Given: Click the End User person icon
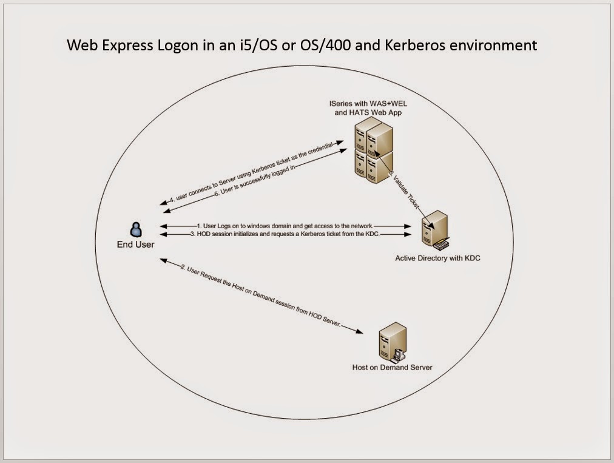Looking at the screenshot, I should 136,229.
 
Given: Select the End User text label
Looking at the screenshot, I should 136,245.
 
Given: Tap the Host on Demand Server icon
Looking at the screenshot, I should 391,343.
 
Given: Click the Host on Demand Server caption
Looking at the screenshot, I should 392,368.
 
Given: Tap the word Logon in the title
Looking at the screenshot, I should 172,45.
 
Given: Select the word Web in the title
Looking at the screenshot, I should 81,45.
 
